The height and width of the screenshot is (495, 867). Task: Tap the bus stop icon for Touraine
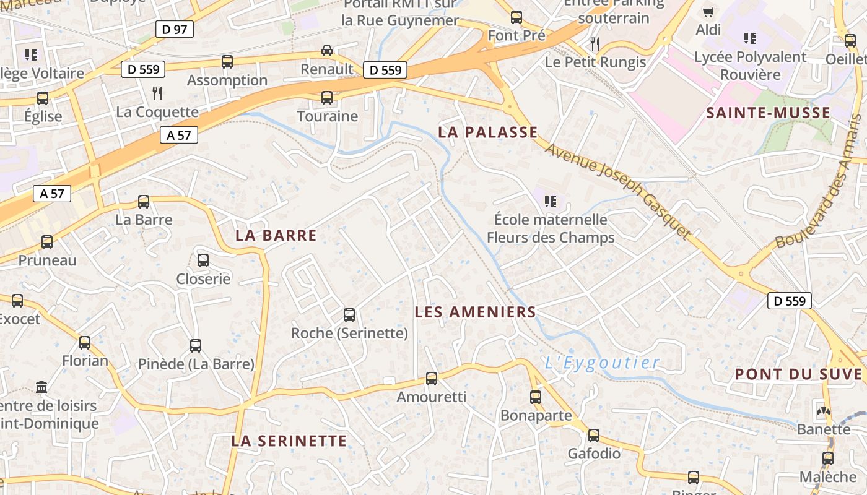pos(327,98)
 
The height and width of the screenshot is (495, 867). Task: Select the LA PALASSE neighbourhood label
pos(488,132)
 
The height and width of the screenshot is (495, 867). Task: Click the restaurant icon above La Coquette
pos(157,93)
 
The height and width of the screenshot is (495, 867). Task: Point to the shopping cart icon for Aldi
pos(708,12)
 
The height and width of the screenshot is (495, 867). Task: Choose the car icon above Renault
pos(326,51)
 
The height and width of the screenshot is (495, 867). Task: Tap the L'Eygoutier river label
pos(602,363)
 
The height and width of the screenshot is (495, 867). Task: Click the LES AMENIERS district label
pos(475,312)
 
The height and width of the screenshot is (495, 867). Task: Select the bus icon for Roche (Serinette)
pos(349,315)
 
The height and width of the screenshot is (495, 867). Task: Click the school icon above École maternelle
pos(550,201)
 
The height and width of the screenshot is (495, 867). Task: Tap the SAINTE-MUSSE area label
pos(768,113)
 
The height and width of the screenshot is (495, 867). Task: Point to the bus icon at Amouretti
pos(432,379)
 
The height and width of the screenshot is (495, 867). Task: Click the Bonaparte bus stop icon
pos(536,397)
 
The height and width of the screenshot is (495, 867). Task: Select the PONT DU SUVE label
pos(798,374)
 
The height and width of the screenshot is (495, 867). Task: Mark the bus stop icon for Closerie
pos(203,260)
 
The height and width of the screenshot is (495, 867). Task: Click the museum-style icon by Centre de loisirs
pos(41,387)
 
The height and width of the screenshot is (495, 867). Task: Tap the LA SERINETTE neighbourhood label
pos(289,441)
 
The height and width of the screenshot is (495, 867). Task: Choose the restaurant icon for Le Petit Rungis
pos(595,43)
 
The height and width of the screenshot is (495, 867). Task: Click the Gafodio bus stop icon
pos(594,436)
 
